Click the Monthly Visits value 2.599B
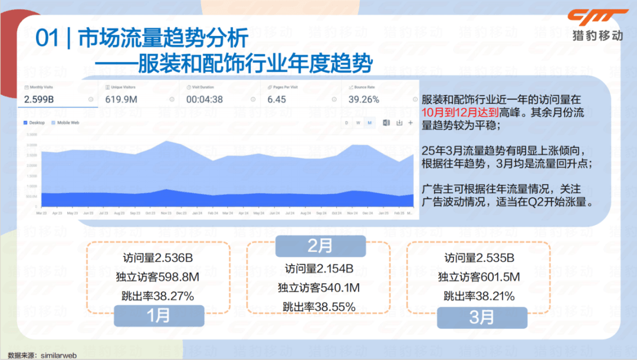pos(39,99)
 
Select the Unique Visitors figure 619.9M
pos(121,99)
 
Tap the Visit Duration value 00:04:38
pos(205,99)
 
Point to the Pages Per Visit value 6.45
pos(277,99)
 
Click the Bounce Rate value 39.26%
pos(364,99)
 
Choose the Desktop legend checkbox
pos(25,123)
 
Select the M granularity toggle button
pos(369,123)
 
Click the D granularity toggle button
pos(347,123)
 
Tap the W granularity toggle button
pos(358,123)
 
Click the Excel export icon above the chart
pos(386,123)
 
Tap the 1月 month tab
pos(158,316)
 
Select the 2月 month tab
pos(320,245)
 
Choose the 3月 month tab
pos(482,317)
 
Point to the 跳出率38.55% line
pos(318,306)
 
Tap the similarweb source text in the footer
pos(58,356)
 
